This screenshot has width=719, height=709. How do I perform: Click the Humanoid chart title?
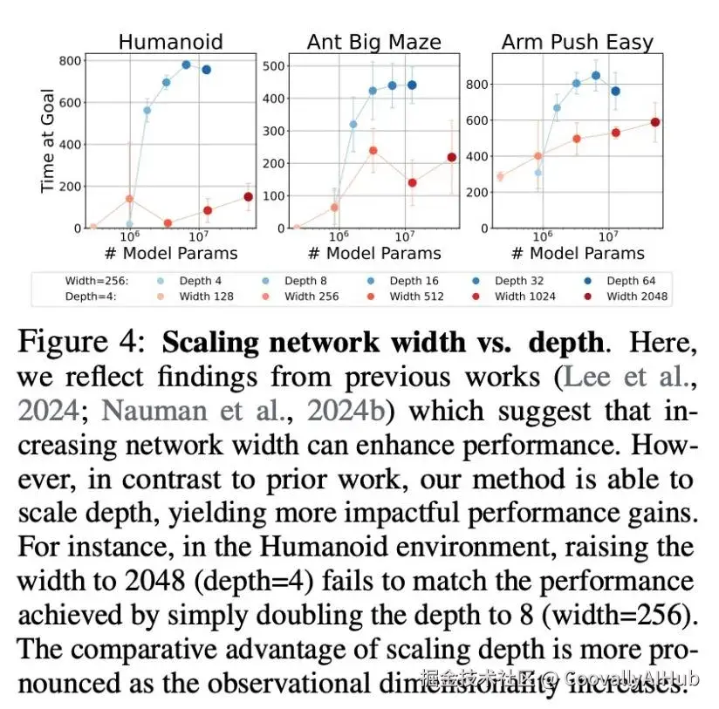pyautogui.click(x=170, y=41)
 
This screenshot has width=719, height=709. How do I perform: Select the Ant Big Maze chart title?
pyautogui.click(x=373, y=41)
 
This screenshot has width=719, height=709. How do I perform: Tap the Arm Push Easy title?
pyautogui.click(x=578, y=41)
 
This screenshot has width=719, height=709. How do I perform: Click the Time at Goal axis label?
pyautogui.click(x=48, y=141)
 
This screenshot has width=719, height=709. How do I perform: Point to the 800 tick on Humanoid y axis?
pyautogui.click(x=72, y=61)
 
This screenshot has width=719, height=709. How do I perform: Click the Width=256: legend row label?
pyautogui.click(x=96, y=281)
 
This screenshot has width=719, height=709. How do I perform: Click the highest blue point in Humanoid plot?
pyautogui.click(x=186, y=65)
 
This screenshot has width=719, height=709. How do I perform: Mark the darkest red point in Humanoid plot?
pyautogui.click(x=249, y=197)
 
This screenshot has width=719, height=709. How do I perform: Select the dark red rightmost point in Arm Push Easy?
pyautogui.click(x=654, y=122)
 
